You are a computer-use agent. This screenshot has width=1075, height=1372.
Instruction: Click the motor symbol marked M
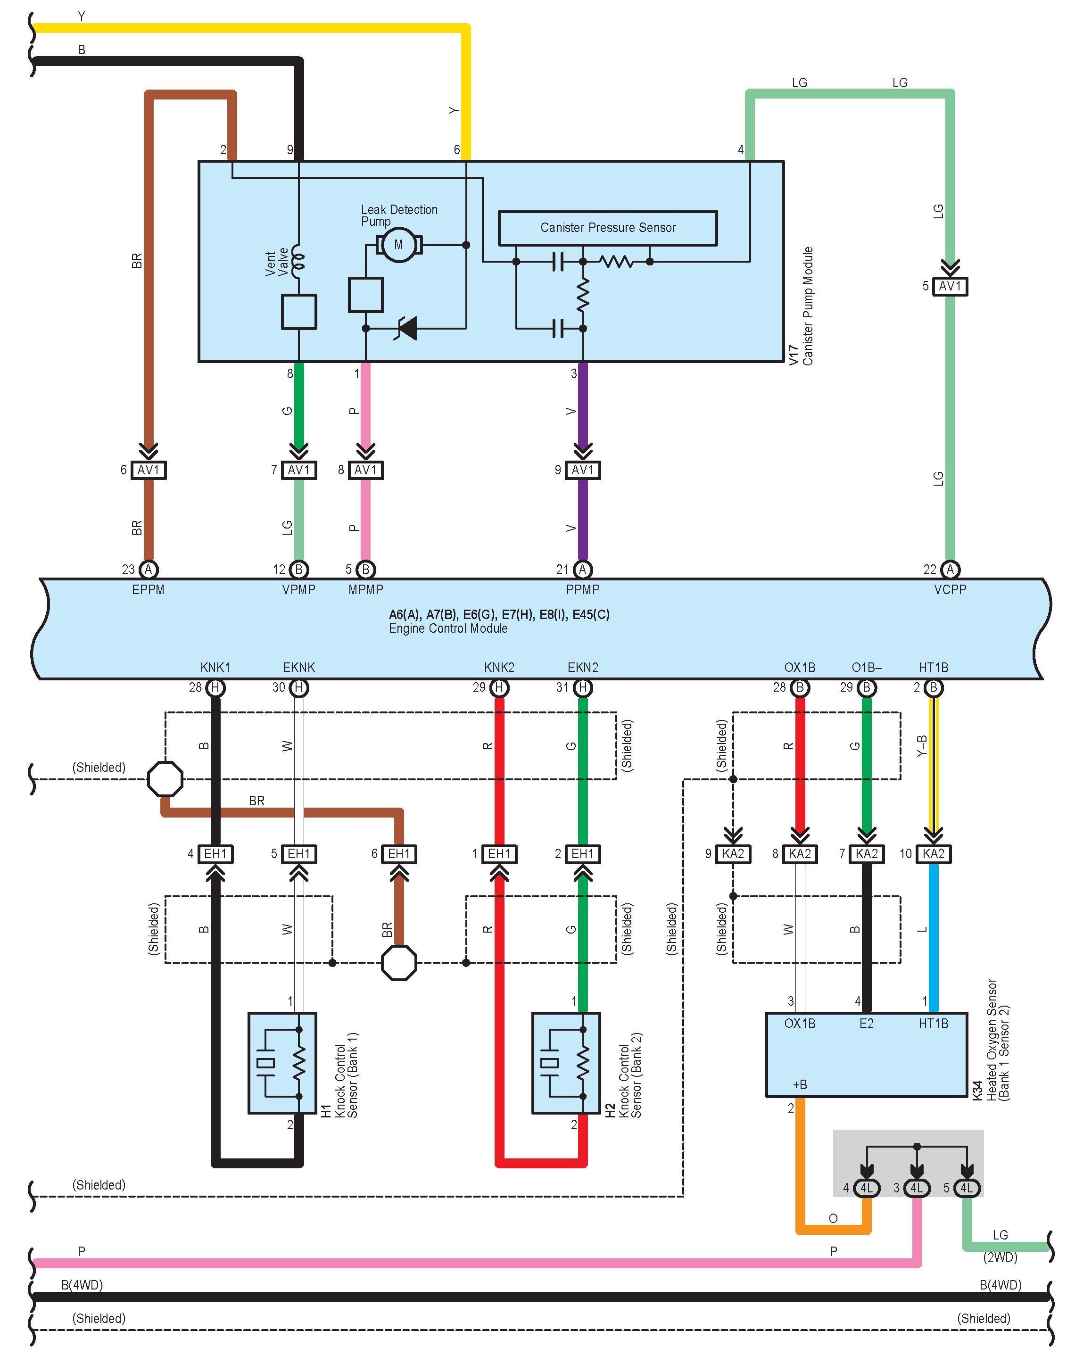(x=398, y=245)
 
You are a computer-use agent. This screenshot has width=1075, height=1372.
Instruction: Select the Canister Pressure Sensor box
(x=607, y=228)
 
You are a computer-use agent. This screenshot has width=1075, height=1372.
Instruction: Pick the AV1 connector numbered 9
(x=582, y=470)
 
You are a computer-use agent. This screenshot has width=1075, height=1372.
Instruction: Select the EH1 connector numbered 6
(x=399, y=854)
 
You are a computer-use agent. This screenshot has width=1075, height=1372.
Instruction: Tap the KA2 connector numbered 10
(x=934, y=854)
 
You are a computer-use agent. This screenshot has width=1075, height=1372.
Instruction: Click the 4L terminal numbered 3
(x=917, y=1188)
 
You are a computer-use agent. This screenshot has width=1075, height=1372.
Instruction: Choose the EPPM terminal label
(x=148, y=590)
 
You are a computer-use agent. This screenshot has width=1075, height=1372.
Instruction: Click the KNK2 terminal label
(x=499, y=667)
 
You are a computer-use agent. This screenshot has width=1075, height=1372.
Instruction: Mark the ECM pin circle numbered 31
(x=583, y=688)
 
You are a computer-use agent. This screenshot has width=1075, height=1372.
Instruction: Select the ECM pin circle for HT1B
(x=934, y=688)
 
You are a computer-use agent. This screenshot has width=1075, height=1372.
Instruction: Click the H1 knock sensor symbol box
(x=282, y=1063)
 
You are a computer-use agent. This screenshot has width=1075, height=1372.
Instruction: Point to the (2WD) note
(x=1000, y=1257)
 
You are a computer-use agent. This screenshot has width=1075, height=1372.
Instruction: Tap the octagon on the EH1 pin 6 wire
(x=399, y=963)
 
